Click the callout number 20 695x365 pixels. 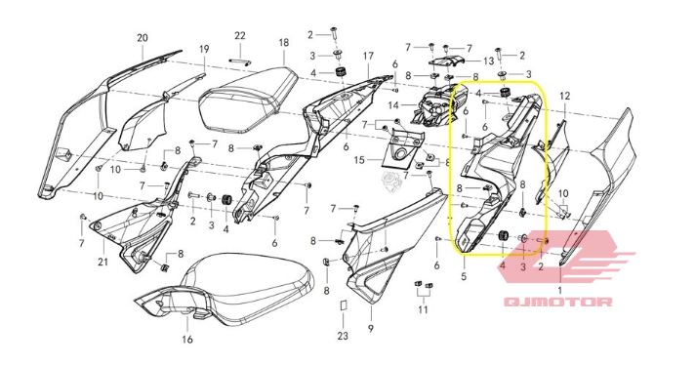point(142,37)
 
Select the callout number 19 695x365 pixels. point(204,48)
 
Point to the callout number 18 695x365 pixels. point(283,43)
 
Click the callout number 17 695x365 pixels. point(369,57)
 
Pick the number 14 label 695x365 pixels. point(393,103)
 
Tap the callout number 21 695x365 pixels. point(103,262)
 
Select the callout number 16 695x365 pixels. point(187,340)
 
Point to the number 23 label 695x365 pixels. point(343,337)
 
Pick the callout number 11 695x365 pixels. point(423,310)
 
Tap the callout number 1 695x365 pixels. point(559,290)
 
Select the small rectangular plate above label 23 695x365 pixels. point(343,305)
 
